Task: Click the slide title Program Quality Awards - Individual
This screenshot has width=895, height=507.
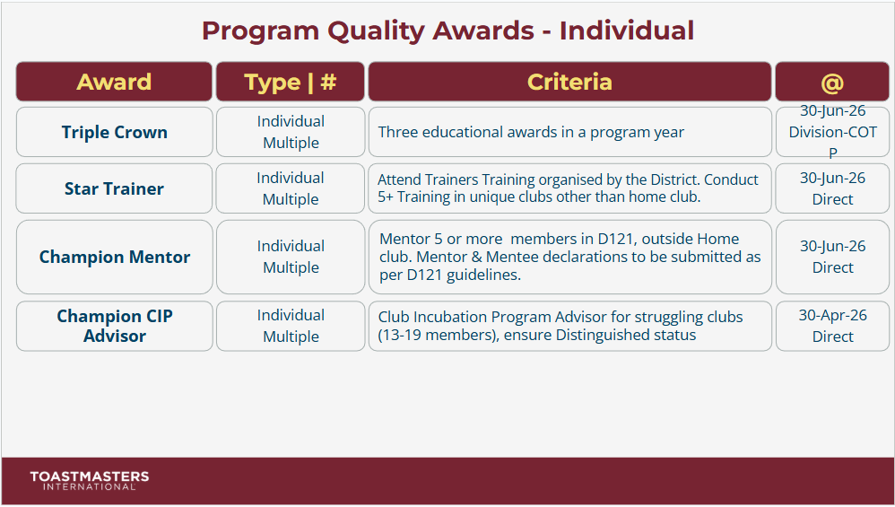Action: [x=447, y=31]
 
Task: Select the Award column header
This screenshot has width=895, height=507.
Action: [x=114, y=82]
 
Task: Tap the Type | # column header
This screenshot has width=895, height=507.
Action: [x=290, y=82]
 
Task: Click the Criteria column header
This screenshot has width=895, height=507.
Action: [x=569, y=82]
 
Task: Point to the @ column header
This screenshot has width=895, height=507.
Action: [x=832, y=82]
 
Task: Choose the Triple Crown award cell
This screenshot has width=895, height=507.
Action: [x=114, y=132]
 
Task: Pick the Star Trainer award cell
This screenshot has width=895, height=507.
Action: [x=114, y=188]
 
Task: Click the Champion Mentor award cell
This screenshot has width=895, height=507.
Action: [x=114, y=257]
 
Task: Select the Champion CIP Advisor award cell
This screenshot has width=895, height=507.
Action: [x=114, y=326]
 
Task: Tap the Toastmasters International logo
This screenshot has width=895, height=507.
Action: [x=89, y=480]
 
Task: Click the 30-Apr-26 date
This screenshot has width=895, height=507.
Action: [x=832, y=315]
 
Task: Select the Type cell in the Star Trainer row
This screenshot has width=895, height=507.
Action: [x=290, y=188]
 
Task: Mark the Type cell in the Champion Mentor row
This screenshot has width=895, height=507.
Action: [x=290, y=257]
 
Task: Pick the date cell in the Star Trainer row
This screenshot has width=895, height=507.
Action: [x=832, y=188]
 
